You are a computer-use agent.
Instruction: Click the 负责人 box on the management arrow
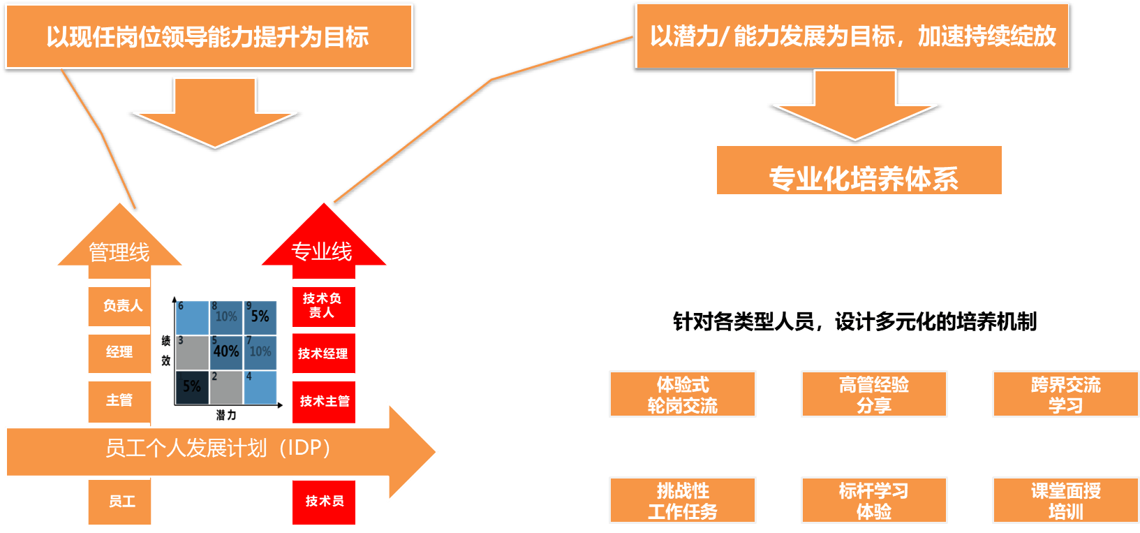tap(119, 306)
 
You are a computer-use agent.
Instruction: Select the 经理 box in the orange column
tap(119, 352)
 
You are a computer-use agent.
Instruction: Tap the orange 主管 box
tap(119, 400)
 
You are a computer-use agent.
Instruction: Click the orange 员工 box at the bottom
tap(119, 502)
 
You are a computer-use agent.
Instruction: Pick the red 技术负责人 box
tap(323, 306)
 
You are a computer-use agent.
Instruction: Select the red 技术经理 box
tap(323, 353)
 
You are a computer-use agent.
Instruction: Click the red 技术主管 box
tap(323, 401)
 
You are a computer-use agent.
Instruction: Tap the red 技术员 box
tap(323, 502)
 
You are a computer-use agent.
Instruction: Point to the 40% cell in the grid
tap(226, 352)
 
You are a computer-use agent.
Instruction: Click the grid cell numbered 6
tap(192, 318)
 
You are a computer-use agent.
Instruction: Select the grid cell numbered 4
tap(260, 387)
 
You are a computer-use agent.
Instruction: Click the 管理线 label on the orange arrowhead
tap(119, 252)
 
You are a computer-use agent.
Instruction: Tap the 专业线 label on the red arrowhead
tap(322, 251)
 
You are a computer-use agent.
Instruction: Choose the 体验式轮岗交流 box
tap(682, 395)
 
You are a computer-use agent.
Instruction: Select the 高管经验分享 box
tap(873, 395)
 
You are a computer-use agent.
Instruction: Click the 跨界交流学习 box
tap(1065, 395)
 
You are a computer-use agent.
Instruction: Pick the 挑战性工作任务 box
tap(682, 501)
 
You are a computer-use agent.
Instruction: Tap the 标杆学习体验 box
tap(873, 501)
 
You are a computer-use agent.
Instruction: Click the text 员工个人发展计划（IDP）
tap(218, 448)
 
